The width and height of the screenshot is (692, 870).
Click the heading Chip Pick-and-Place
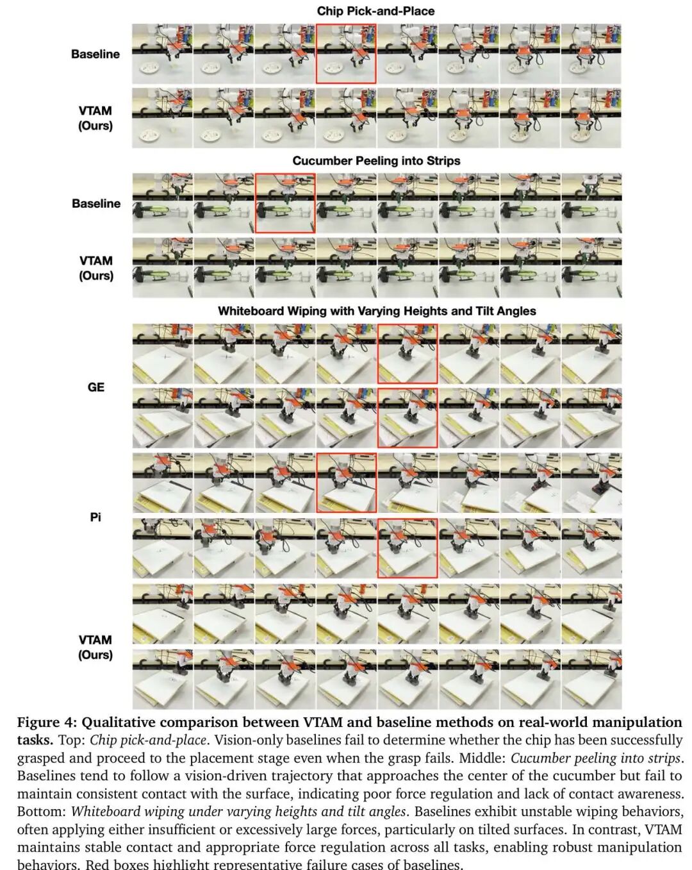[x=375, y=11]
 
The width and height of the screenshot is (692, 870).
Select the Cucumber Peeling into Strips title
[x=376, y=160]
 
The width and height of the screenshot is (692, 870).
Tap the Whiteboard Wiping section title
[x=377, y=311]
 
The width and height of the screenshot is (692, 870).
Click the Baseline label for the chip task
[x=95, y=54]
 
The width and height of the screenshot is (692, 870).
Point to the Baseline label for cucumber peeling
[x=96, y=203]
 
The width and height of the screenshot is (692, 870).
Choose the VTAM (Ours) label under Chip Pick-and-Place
[x=95, y=118]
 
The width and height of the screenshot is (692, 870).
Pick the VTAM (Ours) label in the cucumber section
[x=96, y=268]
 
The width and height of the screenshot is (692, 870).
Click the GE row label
[x=96, y=387]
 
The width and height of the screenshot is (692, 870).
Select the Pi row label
[x=95, y=517]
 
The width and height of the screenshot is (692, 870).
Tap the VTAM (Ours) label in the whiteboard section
[x=95, y=647]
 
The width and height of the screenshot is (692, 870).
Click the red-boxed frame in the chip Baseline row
[x=346, y=54]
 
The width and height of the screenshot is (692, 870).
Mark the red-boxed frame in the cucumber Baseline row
[x=285, y=203]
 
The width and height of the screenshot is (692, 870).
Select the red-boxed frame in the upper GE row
[x=408, y=354]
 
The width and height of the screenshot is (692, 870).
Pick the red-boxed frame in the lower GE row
[x=408, y=418]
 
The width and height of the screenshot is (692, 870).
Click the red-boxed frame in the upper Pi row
[x=346, y=483]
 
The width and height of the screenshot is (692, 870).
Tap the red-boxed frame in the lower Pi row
[x=408, y=548]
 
